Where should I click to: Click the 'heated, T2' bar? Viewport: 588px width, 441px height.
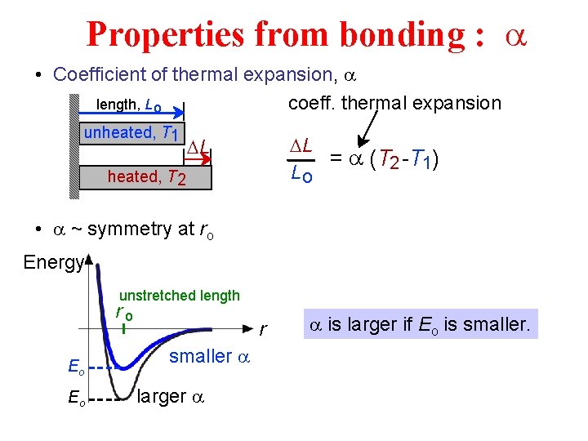[146, 176]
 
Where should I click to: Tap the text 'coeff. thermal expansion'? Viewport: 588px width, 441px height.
[394, 104]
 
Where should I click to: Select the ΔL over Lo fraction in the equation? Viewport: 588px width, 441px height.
[301, 159]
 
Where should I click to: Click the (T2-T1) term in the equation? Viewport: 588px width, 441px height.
[406, 161]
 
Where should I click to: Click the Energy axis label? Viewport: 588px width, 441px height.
[53, 262]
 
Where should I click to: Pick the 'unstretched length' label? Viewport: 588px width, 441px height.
[180, 296]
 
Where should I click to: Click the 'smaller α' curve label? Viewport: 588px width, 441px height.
[207, 357]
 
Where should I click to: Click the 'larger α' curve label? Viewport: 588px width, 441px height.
[171, 397]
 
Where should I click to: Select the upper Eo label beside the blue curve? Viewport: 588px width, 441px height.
[75, 369]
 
